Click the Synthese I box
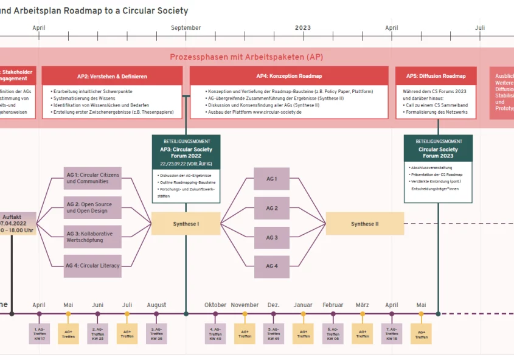point(186,224)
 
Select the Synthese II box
point(364,224)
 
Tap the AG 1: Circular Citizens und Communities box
point(92,178)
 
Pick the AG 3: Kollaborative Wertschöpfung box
point(92,237)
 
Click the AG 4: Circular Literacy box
point(92,266)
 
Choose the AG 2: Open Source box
point(92,207)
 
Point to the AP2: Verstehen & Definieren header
point(112,76)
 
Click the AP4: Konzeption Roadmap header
point(289,76)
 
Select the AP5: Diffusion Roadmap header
point(439,76)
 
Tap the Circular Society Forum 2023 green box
point(438,148)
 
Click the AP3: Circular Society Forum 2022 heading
point(186,151)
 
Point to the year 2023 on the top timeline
point(302,28)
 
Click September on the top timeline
point(186,28)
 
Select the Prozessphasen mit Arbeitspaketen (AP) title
point(246,57)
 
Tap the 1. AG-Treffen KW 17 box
point(39,334)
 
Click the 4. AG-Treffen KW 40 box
point(215,334)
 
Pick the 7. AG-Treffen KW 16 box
point(392,334)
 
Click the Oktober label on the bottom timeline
point(215,305)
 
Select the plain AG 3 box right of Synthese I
point(272,238)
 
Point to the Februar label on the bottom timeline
point(333,305)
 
